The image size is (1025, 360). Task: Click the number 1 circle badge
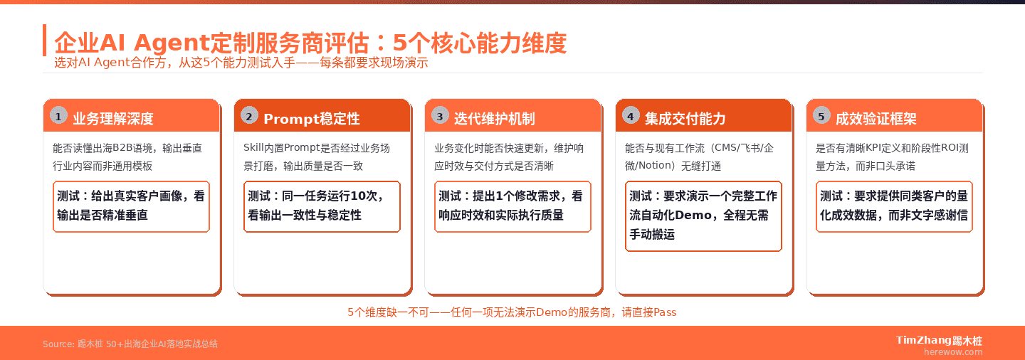pos(58,116)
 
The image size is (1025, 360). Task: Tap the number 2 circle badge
pos(249,116)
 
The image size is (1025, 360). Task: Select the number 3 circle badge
pos(440,116)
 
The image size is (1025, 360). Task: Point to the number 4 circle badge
pos(631,116)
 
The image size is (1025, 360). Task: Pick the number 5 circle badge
pos(821,116)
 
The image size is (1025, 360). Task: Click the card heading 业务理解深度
pos(113,119)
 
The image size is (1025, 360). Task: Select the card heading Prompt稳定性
pos(312,119)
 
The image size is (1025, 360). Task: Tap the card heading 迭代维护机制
pos(495,119)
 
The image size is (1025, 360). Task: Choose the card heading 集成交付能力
pos(685,119)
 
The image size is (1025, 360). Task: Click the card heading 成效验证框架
pos(876,119)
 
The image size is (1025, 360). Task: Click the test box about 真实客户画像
pos(132,206)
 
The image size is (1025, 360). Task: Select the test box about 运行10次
pos(322,206)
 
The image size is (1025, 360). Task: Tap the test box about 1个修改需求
pos(513,206)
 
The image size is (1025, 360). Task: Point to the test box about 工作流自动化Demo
pos(704,216)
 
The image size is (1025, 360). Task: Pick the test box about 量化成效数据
pos(895,206)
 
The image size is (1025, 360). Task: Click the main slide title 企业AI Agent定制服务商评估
pos(310,43)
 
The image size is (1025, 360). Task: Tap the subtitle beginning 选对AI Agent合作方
pos(241,63)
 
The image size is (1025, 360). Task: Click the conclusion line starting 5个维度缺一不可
pos(512,312)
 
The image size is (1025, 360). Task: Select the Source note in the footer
pos(130,344)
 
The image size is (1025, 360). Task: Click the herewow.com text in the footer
pos(952,351)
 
